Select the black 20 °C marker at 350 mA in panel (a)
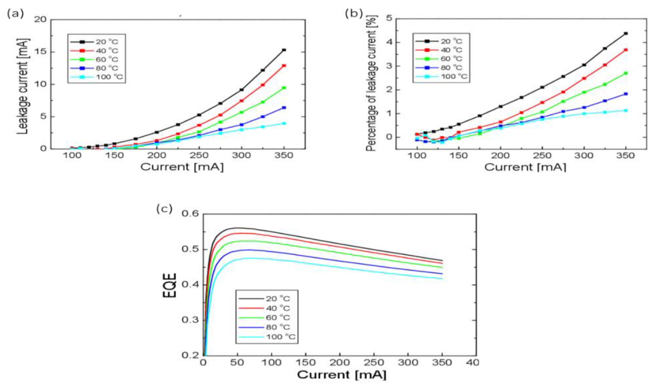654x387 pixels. pyautogui.click(x=284, y=50)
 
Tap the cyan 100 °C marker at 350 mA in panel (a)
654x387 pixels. pyautogui.click(x=284, y=123)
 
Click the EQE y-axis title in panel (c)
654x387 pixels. pyautogui.click(x=170, y=285)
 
